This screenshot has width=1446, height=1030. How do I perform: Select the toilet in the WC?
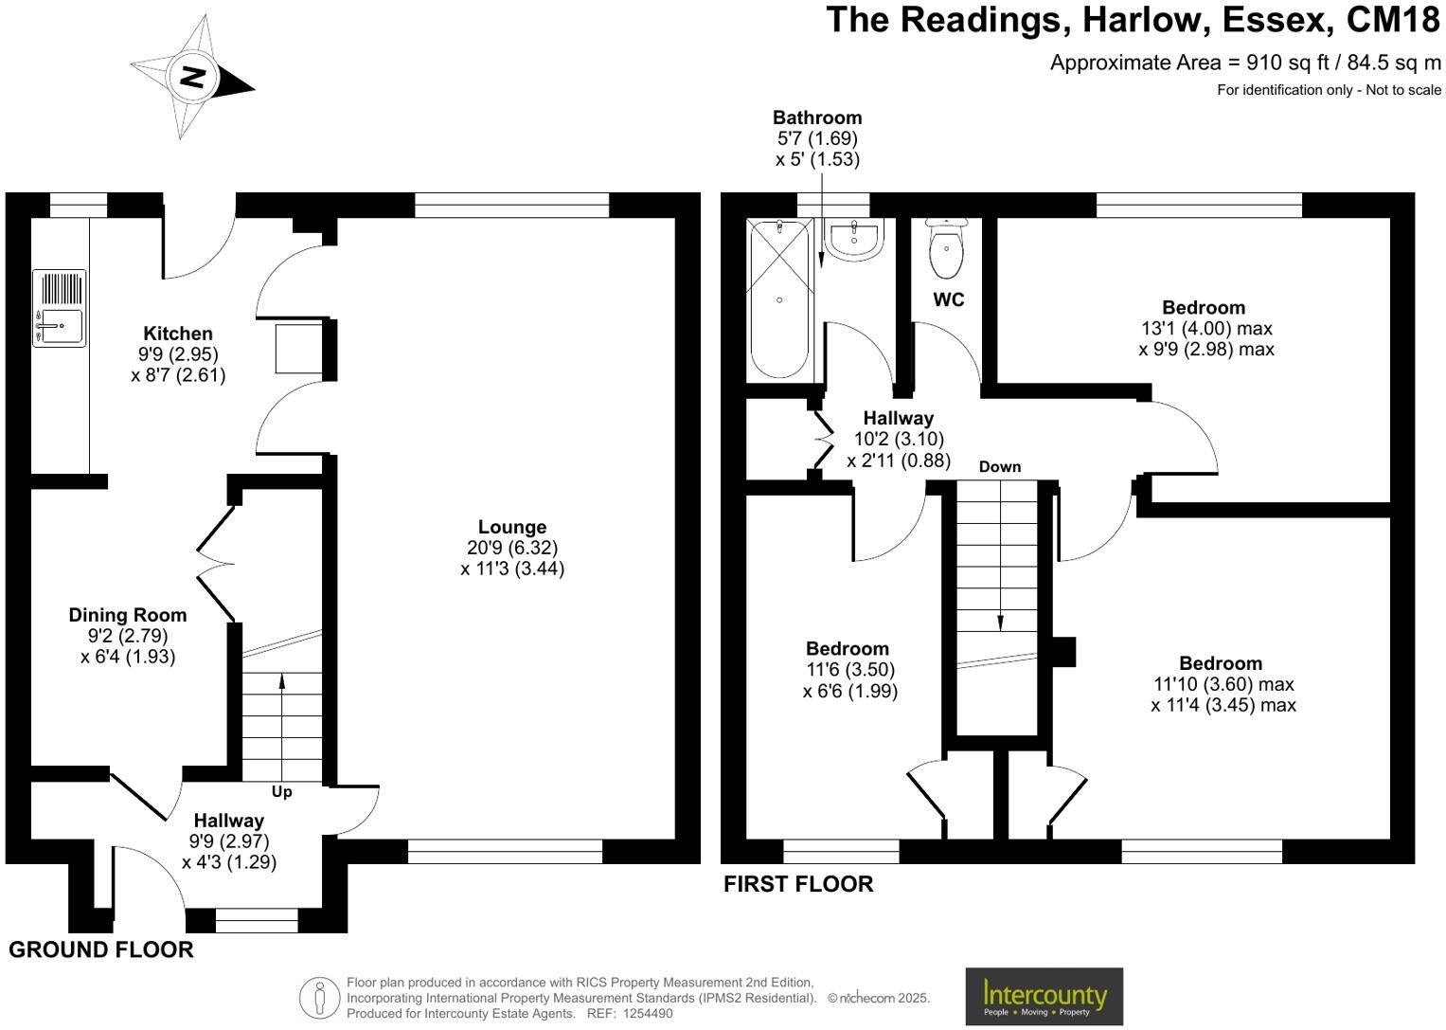[x=946, y=247]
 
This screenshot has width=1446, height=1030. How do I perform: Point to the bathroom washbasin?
[x=854, y=240]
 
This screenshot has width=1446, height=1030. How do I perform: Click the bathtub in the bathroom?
[x=779, y=299]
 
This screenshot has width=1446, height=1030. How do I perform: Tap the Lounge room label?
[x=512, y=527]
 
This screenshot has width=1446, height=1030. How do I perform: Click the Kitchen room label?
[x=177, y=334]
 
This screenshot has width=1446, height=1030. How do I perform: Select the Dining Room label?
[x=128, y=615]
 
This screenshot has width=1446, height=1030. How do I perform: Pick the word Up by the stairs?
[x=281, y=792]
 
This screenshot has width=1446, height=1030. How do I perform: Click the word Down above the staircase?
[x=1000, y=467]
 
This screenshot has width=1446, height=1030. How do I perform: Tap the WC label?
[x=948, y=299]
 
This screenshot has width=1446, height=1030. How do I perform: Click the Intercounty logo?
[x=1044, y=996]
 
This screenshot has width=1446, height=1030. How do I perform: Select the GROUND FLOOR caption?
[x=101, y=949]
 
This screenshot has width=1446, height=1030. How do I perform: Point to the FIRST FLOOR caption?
[x=798, y=883]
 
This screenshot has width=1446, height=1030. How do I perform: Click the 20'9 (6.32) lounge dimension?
[x=512, y=548]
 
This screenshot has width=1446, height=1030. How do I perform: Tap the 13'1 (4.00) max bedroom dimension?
[x=1206, y=328]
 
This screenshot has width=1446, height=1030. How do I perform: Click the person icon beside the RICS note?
[x=319, y=998]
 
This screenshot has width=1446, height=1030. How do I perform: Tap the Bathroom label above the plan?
[x=817, y=117]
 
